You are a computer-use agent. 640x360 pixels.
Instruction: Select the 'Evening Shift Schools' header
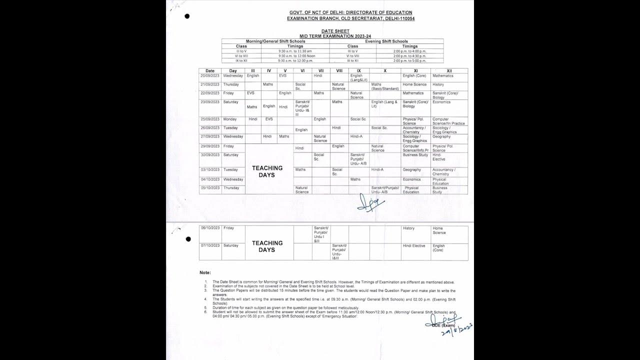click(x=386, y=41)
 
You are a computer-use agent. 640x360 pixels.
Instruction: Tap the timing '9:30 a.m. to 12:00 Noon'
click(x=294, y=56)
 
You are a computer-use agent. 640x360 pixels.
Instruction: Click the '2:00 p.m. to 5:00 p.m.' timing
click(x=410, y=60)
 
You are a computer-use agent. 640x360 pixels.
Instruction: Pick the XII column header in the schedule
click(x=449, y=71)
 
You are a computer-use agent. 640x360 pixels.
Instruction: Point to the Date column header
click(x=210, y=71)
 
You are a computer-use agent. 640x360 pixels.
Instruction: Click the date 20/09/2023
click(x=210, y=76)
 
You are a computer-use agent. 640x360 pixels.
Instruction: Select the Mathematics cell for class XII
click(x=443, y=76)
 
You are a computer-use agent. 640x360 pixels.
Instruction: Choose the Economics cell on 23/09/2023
click(x=441, y=102)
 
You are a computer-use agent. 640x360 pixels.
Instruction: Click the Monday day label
click(x=230, y=119)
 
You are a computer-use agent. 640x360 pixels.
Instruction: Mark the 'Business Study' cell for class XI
click(x=415, y=155)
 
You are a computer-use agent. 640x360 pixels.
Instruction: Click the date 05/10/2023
click(x=210, y=188)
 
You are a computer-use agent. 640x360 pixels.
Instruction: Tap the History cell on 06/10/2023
click(x=408, y=228)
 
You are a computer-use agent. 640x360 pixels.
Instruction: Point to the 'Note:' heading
click(x=205, y=272)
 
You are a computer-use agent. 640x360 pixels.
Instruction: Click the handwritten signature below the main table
click(x=370, y=202)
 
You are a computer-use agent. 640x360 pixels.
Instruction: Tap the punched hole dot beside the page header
click(x=187, y=16)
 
